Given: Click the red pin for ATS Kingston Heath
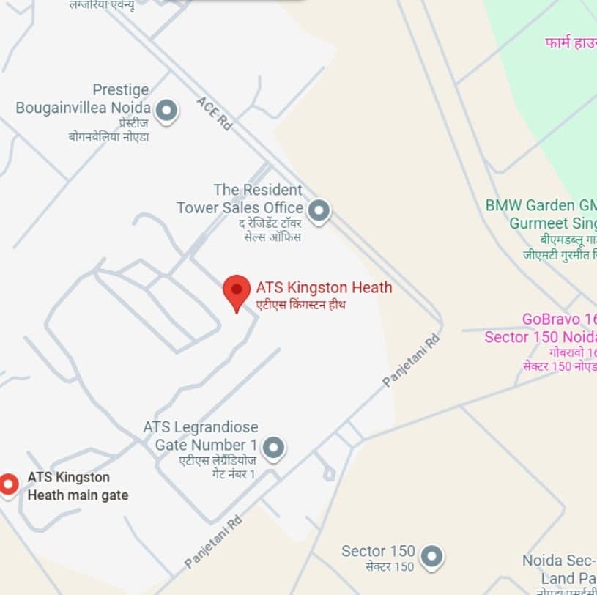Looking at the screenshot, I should point(236,291).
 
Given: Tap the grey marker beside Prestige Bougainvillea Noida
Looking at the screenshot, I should point(167,111).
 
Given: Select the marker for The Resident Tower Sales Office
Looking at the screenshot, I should point(319,211).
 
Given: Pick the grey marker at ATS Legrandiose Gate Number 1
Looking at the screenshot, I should point(273,447).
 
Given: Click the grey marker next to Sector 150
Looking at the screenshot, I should point(432,556).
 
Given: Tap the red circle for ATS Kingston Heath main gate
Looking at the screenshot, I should point(8,484).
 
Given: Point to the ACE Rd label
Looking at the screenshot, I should point(214,114).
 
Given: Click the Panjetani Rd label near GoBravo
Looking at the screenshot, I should point(412,361).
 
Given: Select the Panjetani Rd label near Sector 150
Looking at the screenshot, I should point(213,542).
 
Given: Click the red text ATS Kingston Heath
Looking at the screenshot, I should point(324,287).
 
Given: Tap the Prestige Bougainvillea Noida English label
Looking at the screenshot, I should point(84,99).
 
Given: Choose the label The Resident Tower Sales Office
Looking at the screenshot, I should point(240,199).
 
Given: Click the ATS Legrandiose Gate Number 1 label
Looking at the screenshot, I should point(200,436).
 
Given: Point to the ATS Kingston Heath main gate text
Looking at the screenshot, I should point(78,487).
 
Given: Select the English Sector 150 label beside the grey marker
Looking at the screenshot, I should point(378,551).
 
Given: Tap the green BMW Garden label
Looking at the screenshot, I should point(541,213).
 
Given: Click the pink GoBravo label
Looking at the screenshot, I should point(541,328).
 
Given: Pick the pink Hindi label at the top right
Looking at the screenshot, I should point(571,43).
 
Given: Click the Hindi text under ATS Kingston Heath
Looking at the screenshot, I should point(300,304).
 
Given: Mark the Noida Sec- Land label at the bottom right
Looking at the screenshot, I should point(559,569).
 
